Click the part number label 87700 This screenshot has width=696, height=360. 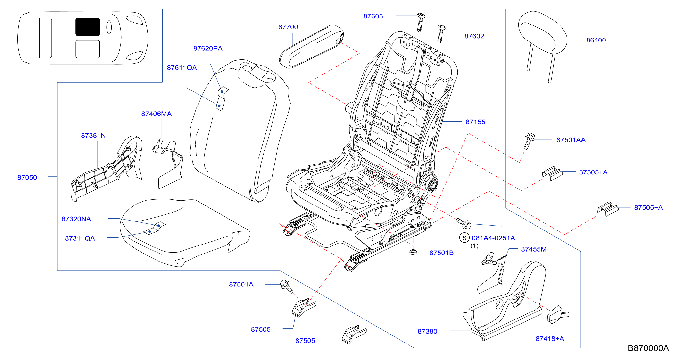(x=288, y=27)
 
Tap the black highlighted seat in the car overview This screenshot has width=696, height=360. (x=88, y=27)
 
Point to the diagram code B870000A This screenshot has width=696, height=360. (x=648, y=348)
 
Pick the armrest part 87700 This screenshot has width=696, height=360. (x=311, y=46)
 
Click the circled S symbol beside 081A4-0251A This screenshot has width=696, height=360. (x=464, y=238)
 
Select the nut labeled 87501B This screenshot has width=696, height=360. (x=413, y=252)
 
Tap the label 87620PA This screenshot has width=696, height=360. (x=208, y=48)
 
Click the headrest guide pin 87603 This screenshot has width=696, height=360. (x=420, y=22)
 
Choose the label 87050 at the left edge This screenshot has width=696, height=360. (x=27, y=177)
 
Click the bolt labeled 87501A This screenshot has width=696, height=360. (x=286, y=286)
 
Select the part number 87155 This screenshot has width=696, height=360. (x=475, y=122)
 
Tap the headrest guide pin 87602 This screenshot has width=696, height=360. (x=441, y=33)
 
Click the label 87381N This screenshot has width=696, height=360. (x=93, y=135)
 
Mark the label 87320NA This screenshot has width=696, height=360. (x=76, y=219)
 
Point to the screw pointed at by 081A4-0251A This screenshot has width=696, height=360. (x=464, y=223)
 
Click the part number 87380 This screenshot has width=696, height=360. (x=427, y=331)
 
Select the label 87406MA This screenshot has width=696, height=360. (x=157, y=114)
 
